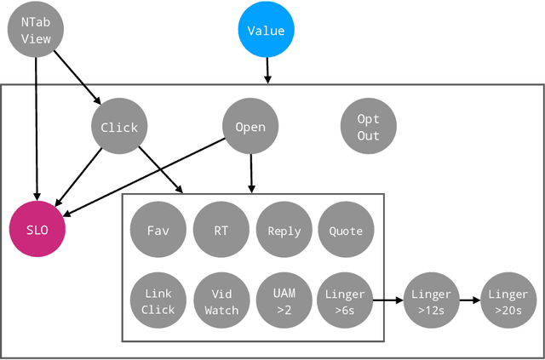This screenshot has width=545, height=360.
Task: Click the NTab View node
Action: click(x=36, y=31)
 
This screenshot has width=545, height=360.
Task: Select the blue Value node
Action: click(x=267, y=31)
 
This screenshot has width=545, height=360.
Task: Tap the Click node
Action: click(x=119, y=128)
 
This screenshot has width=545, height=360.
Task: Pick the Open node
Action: click(x=250, y=128)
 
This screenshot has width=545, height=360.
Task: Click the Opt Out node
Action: click(x=368, y=128)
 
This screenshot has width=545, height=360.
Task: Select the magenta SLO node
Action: click(x=37, y=230)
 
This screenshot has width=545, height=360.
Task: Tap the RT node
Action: click(x=221, y=231)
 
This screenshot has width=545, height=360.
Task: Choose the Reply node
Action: click(x=284, y=231)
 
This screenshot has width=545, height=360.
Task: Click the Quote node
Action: click(x=346, y=231)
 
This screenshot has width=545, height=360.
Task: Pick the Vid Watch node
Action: click(x=221, y=301)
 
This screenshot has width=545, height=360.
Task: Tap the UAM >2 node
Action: click(x=284, y=301)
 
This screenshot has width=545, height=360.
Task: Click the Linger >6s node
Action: click(x=346, y=301)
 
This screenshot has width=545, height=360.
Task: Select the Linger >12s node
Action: click(x=431, y=301)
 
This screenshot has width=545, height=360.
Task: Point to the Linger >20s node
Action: click(x=508, y=301)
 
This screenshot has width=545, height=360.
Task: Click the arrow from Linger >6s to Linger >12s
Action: click(x=388, y=300)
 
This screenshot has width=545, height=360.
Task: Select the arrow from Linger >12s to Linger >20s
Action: click(x=469, y=300)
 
